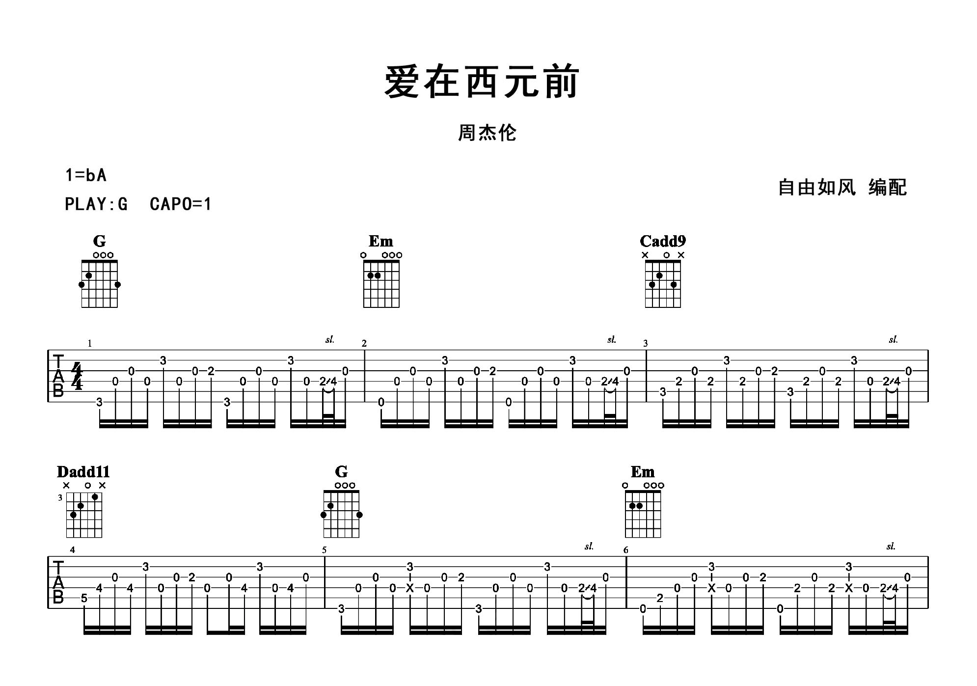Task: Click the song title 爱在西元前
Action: coord(482,82)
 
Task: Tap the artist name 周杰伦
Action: coord(487,133)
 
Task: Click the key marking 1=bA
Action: coord(86,175)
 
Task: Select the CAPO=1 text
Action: coord(180,204)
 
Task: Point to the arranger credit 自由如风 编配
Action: coord(842,188)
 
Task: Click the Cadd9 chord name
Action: coord(662,241)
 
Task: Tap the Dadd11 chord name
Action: coord(83,472)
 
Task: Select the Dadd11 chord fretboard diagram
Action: coord(84,515)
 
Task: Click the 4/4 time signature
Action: coord(77,376)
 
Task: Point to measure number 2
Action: coord(364,344)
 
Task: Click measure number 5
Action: coord(324,550)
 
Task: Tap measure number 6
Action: coord(625,550)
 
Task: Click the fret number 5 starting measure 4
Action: coord(84,598)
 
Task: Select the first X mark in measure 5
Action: coord(410,588)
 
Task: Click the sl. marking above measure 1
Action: coord(329,339)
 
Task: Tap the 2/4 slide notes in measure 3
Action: coord(891,382)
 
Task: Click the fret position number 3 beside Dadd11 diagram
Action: coord(60,497)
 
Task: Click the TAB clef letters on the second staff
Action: coord(58,582)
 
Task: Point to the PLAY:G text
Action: coord(96,204)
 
